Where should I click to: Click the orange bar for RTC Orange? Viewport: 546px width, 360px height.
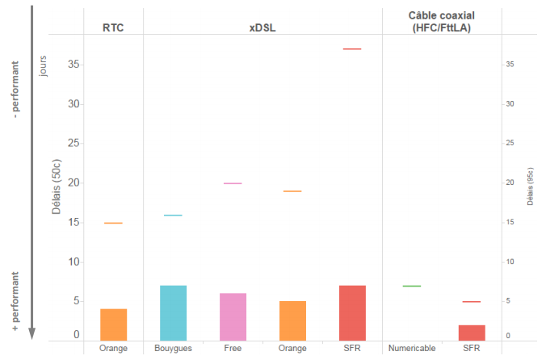point(114,324)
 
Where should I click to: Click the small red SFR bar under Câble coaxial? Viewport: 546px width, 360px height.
point(471,333)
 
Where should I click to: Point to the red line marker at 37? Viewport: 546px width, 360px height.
point(352,49)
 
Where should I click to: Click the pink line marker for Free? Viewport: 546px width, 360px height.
point(233,184)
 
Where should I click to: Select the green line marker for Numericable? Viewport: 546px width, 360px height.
point(412,286)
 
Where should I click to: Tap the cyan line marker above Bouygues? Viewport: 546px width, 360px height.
point(174,216)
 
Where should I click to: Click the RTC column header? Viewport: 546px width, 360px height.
point(114,27)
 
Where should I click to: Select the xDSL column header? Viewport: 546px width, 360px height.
point(262,27)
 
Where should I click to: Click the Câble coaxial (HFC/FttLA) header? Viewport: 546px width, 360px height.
point(442,22)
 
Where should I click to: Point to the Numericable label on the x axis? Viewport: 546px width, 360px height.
point(412,349)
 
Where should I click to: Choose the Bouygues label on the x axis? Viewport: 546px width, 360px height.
point(173,349)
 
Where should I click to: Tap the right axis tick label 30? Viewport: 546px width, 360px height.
point(510,104)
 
